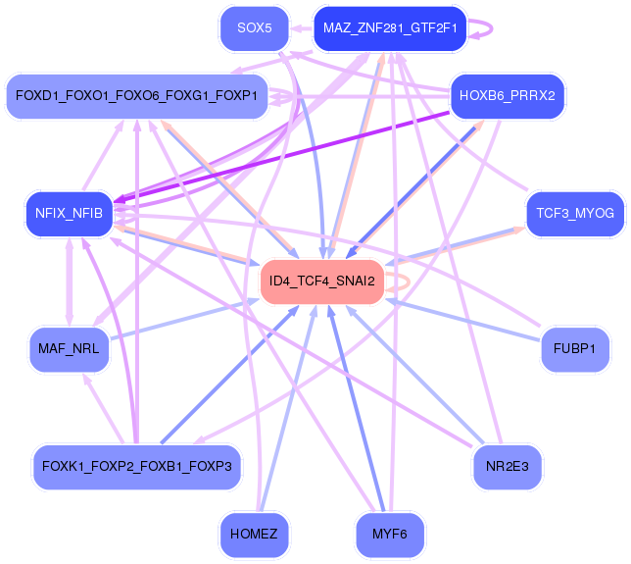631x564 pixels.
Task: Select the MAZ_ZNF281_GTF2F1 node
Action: point(389,29)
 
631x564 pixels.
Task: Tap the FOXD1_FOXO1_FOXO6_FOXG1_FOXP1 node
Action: point(136,96)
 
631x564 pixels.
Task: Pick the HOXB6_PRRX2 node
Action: point(507,96)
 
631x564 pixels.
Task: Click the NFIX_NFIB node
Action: point(69,215)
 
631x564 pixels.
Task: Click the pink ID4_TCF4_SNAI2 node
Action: point(321,282)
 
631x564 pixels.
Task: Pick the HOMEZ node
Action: point(254,535)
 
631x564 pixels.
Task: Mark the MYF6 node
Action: point(389,535)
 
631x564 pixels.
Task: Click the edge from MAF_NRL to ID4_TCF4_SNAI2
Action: point(186,319)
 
